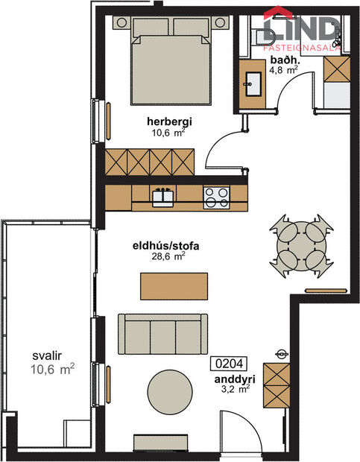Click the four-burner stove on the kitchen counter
pyautogui.click(x=216, y=197)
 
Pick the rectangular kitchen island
pyautogui.click(x=174, y=285)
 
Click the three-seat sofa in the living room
pyautogui.click(x=162, y=333)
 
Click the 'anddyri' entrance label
pyautogui.click(x=232, y=377)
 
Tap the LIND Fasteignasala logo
pyautogui.click(x=303, y=30)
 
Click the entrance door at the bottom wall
pyautogui.click(x=239, y=432)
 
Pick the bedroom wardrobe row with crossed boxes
pyautogui.click(x=150, y=161)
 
